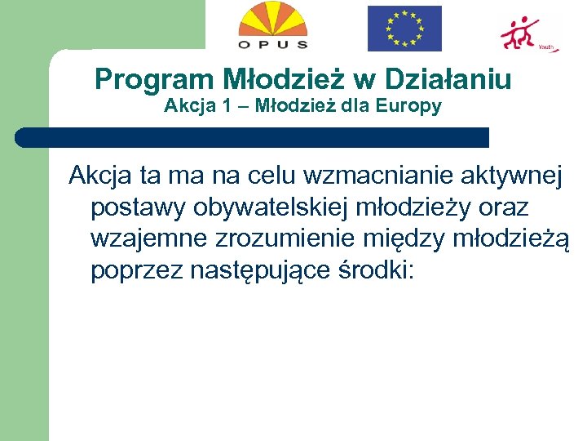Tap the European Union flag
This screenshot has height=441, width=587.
pos(404,29)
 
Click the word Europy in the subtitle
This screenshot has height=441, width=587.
pos(413,106)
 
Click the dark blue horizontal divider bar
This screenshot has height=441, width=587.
pos(253,137)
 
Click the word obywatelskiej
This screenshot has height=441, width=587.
pos(302,207)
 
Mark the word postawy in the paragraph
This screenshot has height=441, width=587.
pos(139,207)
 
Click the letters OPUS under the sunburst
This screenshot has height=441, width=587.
pos(273,44)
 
